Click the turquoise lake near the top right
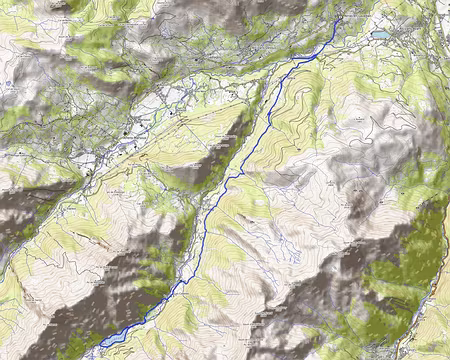click(381, 34)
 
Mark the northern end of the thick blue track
click(340, 17)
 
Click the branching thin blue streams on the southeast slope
click(280, 240)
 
